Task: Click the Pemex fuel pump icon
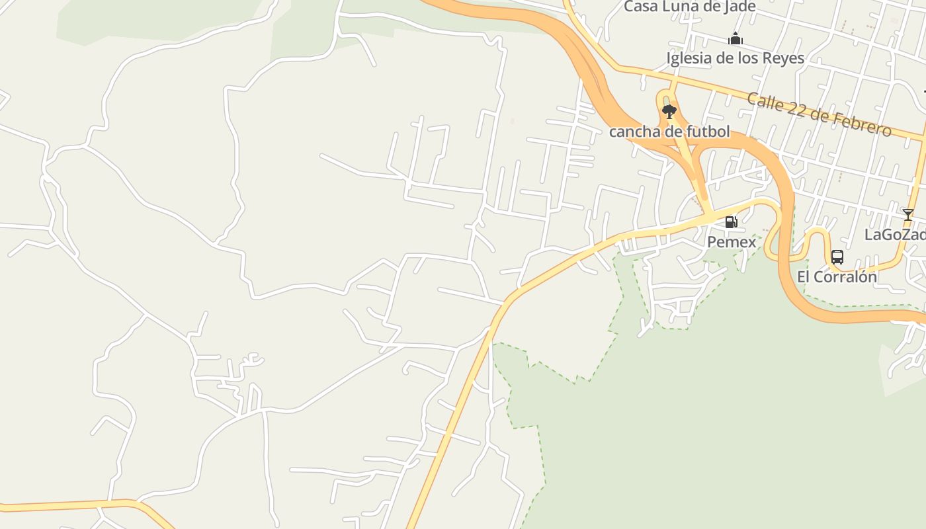pyautogui.click(x=731, y=222)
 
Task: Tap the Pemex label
pyautogui.click(x=732, y=242)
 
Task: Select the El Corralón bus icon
pyautogui.click(x=837, y=257)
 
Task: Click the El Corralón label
pyautogui.click(x=837, y=277)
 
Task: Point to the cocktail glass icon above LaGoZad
pyautogui.click(x=907, y=215)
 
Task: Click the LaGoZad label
pyautogui.click(x=895, y=235)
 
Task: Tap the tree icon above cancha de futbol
pyautogui.click(x=669, y=111)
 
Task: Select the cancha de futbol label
pyautogui.click(x=669, y=132)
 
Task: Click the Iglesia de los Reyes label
pyautogui.click(x=735, y=58)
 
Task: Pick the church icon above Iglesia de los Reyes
pyautogui.click(x=735, y=39)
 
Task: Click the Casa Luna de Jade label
pyautogui.click(x=690, y=7)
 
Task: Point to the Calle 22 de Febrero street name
pyautogui.click(x=819, y=115)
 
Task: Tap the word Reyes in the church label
pyautogui.click(x=784, y=58)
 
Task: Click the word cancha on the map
pyautogui.click(x=631, y=132)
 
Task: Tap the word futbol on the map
pyautogui.click(x=708, y=132)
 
